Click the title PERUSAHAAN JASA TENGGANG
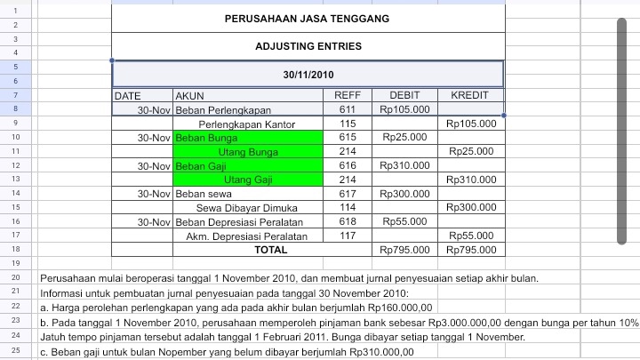tap(308, 19)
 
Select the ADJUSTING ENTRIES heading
tap(308, 46)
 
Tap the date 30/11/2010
tap(308, 74)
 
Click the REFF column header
tap(347, 95)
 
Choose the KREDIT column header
tap(470, 95)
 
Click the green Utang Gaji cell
tap(247, 180)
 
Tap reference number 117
tap(348, 236)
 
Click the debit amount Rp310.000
tap(404, 165)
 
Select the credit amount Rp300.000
tap(471, 207)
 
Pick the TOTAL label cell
tap(270, 251)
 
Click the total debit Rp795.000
tap(404, 251)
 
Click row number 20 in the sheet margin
tap(17, 278)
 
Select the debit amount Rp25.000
tap(404, 138)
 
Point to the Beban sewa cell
tap(204, 194)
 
